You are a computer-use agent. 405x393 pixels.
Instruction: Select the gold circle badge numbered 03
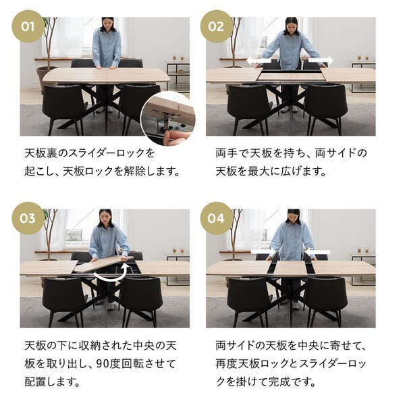(28, 218)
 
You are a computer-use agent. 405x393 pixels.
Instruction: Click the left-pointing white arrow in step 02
(254, 60)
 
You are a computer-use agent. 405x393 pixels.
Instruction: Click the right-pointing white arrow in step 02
(323, 60)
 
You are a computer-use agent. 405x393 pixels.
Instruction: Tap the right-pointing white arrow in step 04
(261, 252)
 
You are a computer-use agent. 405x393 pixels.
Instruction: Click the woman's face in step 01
(107, 24)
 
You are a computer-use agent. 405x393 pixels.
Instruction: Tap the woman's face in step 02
(291, 25)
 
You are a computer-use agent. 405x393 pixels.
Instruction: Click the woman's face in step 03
(105, 217)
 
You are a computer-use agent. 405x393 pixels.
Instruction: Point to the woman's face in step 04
(292, 217)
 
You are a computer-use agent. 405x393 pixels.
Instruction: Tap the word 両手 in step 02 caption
(227, 153)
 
